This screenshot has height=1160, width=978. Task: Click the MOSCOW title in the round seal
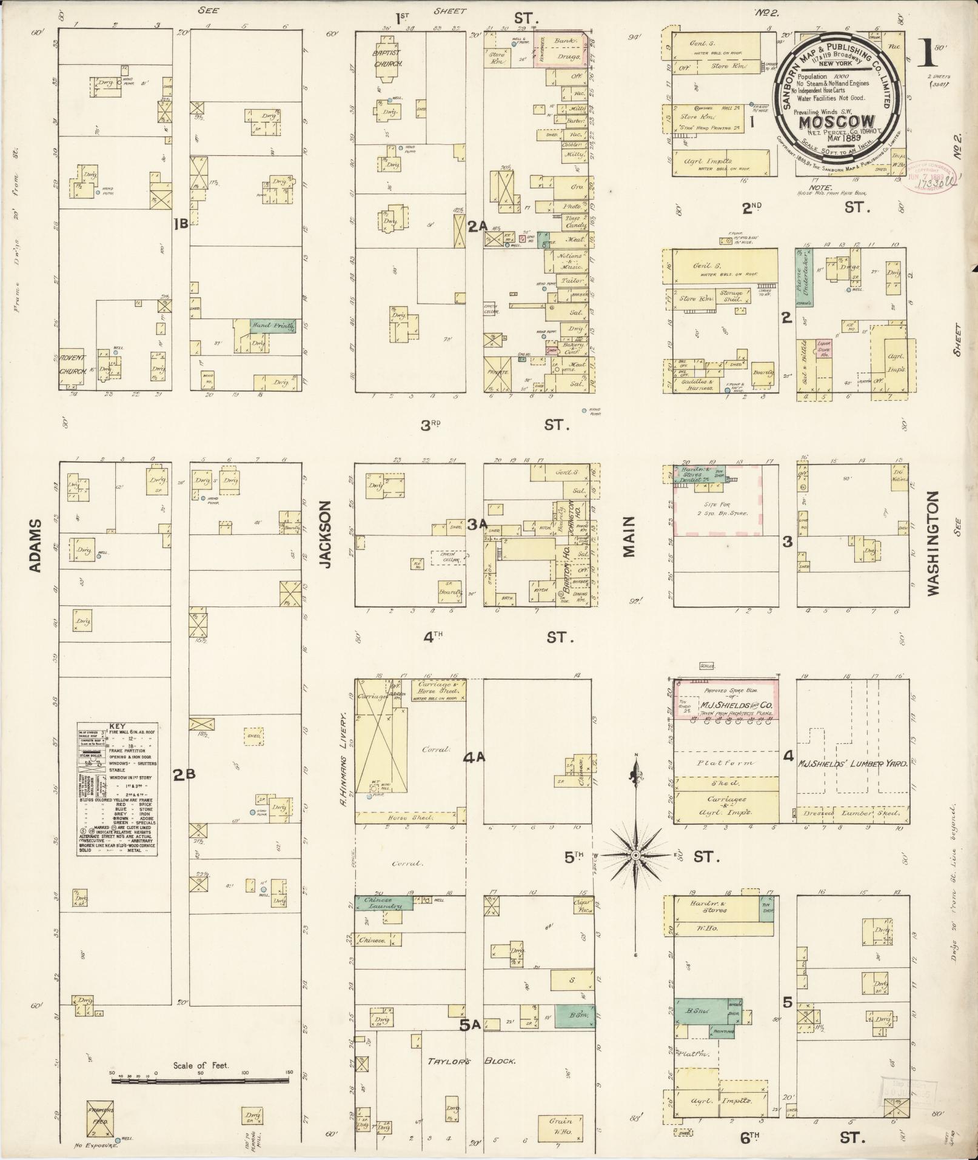pos(836,121)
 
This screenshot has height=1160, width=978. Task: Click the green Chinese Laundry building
pos(383,919)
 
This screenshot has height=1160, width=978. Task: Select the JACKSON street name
pos(326,534)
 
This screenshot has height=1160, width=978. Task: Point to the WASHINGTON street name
pos(932,542)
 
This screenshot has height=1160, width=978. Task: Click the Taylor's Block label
pos(471,1061)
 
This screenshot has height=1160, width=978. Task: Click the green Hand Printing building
pos(273,326)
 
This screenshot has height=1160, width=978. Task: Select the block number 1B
pos(181,226)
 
